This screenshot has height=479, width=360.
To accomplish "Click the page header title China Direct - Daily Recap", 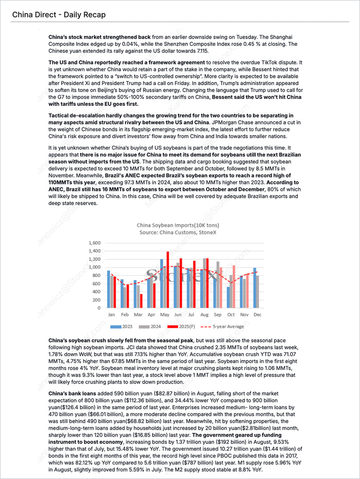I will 59,15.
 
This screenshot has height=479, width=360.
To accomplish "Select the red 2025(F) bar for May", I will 167,280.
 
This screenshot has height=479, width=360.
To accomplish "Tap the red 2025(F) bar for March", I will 141,301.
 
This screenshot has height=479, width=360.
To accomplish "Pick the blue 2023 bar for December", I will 254,288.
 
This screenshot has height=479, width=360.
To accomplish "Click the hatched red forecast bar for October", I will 234,286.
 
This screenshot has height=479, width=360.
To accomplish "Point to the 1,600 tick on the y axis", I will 94,243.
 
